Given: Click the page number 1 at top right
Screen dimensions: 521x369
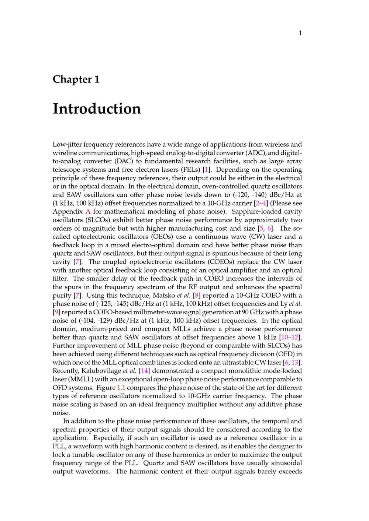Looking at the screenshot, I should point(300,33).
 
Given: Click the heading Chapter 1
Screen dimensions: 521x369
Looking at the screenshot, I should point(76,79).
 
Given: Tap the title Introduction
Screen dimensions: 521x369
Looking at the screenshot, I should point(97,109).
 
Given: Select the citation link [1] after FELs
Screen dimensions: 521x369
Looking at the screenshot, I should point(207,170).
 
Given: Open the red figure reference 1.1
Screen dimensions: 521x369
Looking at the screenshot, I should point(121,388).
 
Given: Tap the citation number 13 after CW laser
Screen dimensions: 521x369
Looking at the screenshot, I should point(295,363).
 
